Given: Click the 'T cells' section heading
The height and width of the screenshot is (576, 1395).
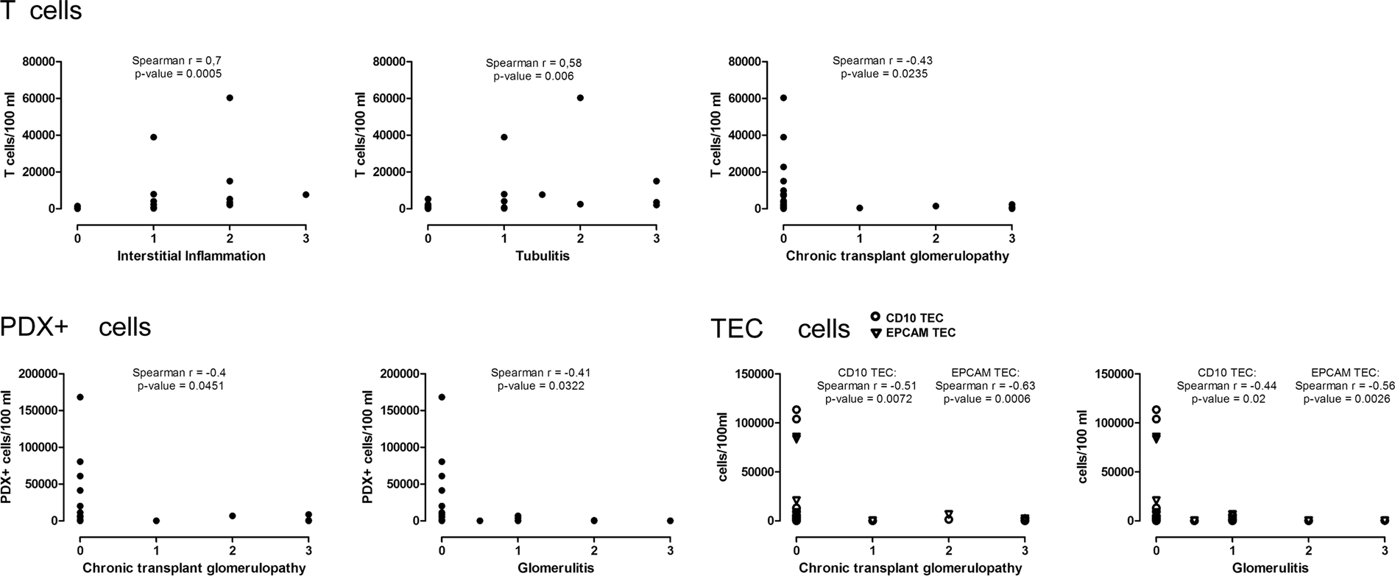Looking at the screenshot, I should [x=41, y=12].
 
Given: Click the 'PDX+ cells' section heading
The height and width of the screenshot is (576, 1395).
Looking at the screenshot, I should [x=76, y=326].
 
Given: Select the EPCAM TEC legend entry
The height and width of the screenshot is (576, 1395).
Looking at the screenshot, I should [x=912, y=333].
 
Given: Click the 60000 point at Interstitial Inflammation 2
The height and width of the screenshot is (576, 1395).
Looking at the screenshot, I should [x=230, y=98].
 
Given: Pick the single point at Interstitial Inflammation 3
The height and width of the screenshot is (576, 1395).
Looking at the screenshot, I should [x=306, y=194].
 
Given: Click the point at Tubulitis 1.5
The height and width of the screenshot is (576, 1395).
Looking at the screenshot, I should [x=542, y=194].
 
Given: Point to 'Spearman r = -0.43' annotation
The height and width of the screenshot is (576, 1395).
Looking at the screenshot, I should [x=882, y=60].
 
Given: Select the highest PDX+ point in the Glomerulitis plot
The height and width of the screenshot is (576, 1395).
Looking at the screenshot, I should [x=441, y=397].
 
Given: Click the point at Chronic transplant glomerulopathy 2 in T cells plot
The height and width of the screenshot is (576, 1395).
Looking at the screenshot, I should [x=935, y=206].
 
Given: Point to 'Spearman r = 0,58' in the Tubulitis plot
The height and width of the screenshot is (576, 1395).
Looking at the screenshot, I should [x=533, y=63].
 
